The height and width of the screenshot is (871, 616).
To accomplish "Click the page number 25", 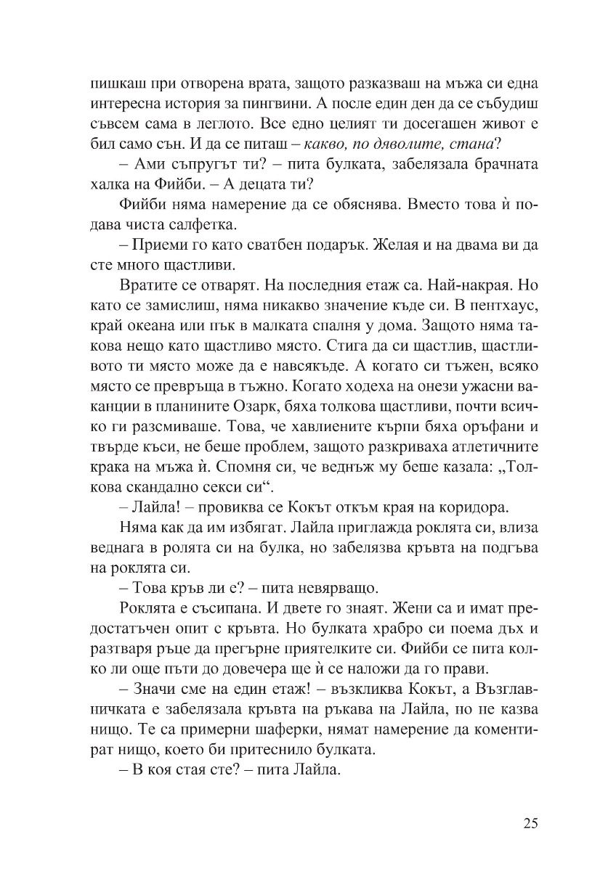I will pos(530,823).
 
